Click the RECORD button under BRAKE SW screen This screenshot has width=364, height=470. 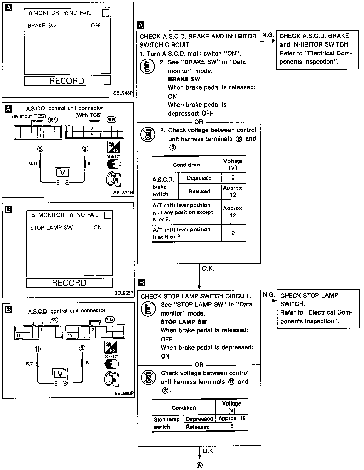tap(67, 81)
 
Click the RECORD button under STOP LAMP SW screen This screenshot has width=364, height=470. tap(70, 283)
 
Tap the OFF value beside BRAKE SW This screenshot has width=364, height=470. tap(96, 25)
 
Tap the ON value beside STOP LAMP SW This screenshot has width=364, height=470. tap(98, 227)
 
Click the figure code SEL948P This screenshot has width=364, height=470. tap(123, 93)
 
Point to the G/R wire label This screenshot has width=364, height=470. tap(33, 163)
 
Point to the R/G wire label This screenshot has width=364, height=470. tap(30, 363)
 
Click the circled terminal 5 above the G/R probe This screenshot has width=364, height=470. tap(40, 149)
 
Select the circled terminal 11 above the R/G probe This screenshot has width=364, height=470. tap(38, 349)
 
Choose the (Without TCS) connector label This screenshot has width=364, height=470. tap(29, 116)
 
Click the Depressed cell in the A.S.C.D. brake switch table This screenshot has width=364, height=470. tap(199, 178)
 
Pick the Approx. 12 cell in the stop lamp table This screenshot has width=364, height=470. tap(232, 419)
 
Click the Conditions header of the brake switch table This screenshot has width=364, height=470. tap(186, 165)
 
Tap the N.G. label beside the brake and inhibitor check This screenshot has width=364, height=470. tap(268, 35)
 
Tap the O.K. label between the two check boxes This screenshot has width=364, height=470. tap(208, 268)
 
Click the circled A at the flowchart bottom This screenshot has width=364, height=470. tap(199, 465)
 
